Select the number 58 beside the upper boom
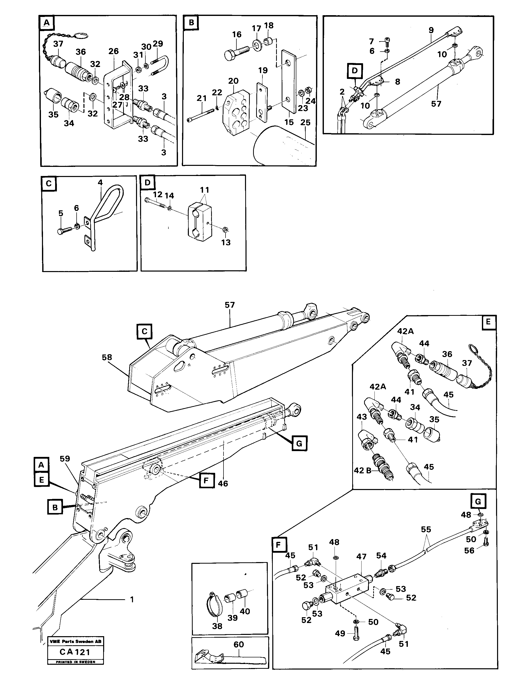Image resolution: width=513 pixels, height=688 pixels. [x=107, y=357]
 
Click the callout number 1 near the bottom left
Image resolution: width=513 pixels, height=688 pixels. [x=132, y=599]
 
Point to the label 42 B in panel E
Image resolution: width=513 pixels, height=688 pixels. [x=363, y=471]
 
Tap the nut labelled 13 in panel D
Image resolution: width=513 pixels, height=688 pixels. [x=226, y=230]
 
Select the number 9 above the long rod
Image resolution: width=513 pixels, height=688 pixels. [x=431, y=30]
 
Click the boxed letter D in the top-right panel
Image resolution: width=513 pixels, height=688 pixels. [x=355, y=71]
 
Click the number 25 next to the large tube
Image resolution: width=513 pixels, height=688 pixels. [x=305, y=123]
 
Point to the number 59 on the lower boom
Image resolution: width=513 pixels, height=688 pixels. [x=65, y=459]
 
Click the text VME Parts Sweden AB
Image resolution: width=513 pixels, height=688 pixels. [x=75, y=641]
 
